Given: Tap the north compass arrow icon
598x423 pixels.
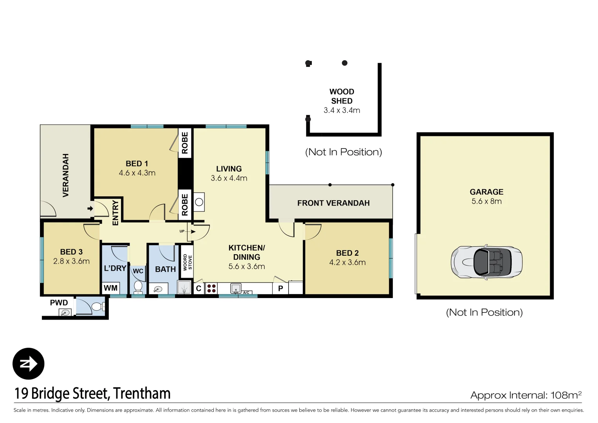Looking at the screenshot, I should [x=28, y=364].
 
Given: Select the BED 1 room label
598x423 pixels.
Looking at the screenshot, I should [x=137, y=164].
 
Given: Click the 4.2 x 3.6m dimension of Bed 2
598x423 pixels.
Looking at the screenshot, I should [x=347, y=262].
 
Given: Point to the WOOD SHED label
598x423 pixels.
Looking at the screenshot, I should [x=341, y=96].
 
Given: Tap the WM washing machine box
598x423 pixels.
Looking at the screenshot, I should [x=110, y=288].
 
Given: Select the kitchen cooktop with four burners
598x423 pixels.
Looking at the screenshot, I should [x=211, y=289].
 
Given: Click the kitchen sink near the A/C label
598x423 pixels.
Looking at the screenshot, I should [x=235, y=289].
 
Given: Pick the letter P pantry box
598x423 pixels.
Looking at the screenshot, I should [x=280, y=289].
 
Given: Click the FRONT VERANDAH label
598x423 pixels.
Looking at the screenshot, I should [x=333, y=203].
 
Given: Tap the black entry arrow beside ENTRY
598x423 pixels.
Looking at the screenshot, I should [x=90, y=208].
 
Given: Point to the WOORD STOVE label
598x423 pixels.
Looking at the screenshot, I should [x=188, y=262].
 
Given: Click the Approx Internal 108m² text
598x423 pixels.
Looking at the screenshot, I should [x=526, y=395].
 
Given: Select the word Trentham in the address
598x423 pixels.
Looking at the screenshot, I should [x=142, y=394].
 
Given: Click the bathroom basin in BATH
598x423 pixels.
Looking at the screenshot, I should [x=158, y=289].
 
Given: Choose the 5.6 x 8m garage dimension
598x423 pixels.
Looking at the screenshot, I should [x=486, y=201].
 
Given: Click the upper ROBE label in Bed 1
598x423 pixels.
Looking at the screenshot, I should [x=185, y=143].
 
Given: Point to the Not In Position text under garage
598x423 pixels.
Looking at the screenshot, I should [x=484, y=312].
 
